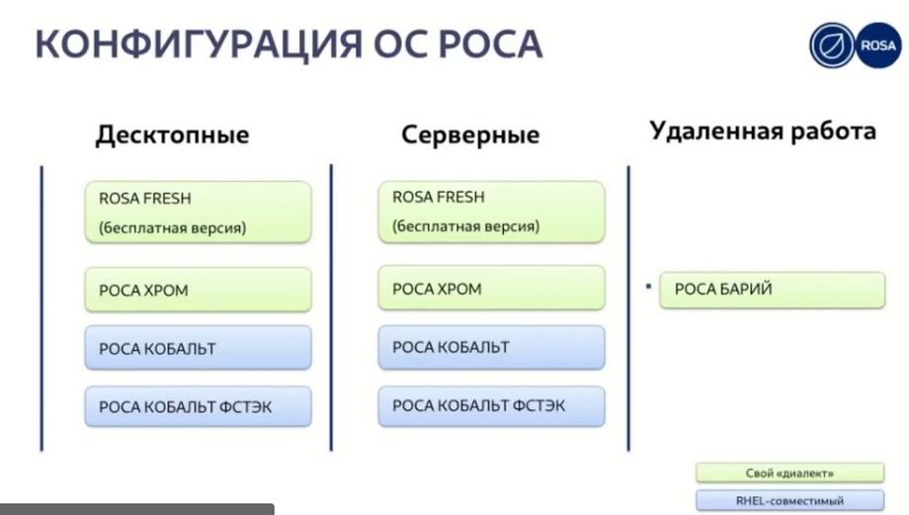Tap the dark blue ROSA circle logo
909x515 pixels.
click(878, 45)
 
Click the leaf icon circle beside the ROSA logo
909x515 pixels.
click(833, 45)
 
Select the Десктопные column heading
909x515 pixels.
click(172, 134)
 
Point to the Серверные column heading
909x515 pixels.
click(470, 134)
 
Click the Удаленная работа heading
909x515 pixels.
click(763, 131)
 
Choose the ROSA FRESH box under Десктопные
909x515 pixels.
click(199, 212)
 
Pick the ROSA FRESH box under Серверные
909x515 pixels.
click(492, 212)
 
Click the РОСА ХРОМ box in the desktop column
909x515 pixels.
click(199, 290)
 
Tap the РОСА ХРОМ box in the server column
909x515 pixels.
click(492, 289)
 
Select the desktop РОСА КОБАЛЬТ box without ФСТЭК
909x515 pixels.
click(199, 348)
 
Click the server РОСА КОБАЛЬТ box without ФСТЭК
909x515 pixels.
click(492, 347)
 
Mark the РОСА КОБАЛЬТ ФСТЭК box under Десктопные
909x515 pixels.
click(199, 406)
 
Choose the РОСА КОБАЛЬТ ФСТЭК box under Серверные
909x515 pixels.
click(492, 406)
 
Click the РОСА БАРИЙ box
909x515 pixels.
click(773, 290)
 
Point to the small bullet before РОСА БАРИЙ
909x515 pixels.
click(648, 286)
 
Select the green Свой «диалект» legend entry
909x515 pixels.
click(790, 473)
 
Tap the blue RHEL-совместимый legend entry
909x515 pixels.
click(790, 500)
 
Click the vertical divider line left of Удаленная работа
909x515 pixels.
click(628, 308)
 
